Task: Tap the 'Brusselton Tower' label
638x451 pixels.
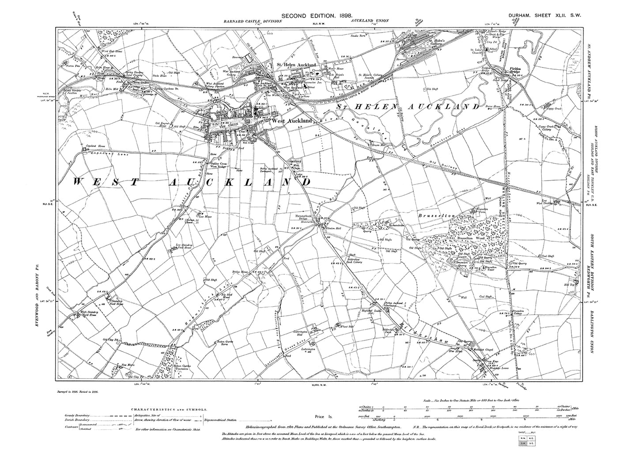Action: pyautogui.click(x=491, y=267)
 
